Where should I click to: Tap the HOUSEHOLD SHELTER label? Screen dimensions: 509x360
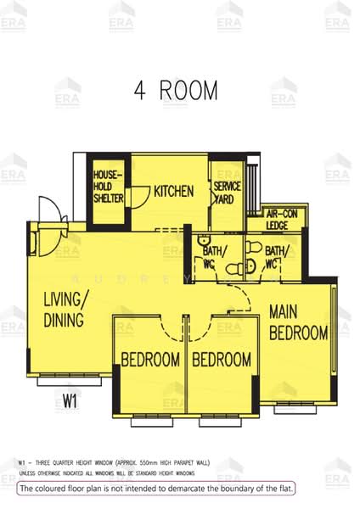click(109, 186)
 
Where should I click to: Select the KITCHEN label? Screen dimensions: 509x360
click(174, 191)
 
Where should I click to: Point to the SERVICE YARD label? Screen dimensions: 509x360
click(227, 193)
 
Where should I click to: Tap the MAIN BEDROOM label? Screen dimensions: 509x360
click(298, 322)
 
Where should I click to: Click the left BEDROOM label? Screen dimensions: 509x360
click(150, 360)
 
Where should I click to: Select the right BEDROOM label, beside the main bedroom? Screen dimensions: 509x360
click(221, 360)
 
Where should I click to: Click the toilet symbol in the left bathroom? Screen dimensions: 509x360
click(204, 240)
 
